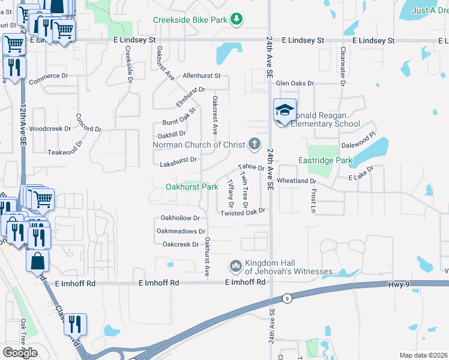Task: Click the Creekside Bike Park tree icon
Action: coord(238,20)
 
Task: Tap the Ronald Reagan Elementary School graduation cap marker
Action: coord(285,110)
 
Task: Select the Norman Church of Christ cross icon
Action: coord(255,144)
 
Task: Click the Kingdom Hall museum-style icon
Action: coord(235,265)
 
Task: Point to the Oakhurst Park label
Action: coord(192,187)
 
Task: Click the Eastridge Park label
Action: coord(325,160)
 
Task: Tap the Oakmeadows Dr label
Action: coord(181,231)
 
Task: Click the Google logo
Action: coord(20,353)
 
